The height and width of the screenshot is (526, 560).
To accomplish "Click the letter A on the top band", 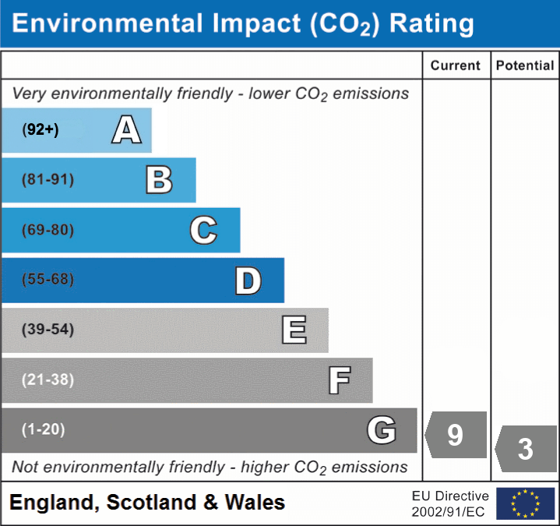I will (126, 130).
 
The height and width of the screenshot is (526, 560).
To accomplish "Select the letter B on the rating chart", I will (159, 180).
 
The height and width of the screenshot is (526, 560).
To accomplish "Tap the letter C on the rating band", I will (203, 230).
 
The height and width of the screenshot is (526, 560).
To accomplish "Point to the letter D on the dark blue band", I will (248, 281).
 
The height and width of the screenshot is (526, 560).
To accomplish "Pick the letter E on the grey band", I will (294, 330).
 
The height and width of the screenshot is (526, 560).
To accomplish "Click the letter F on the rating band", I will (339, 380).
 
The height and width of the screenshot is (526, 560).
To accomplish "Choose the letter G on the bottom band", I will (382, 430).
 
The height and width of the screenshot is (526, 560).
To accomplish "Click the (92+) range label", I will (41, 130).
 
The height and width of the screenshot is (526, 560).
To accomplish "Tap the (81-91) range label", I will (48, 180).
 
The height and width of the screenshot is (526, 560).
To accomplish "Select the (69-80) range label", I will (48, 230).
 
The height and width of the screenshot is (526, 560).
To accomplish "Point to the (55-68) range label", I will (48, 280).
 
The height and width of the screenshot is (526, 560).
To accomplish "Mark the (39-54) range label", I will (48, 330).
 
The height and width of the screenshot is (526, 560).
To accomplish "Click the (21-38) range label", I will (48, 379).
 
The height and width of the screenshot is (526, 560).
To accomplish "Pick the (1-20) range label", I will (44, 429).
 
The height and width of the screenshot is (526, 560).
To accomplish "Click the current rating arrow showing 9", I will (456, 434).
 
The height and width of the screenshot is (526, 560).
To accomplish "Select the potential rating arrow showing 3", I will (525, 449).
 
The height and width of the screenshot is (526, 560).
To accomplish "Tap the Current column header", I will (456, 66).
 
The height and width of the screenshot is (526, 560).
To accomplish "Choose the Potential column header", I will (525, 66).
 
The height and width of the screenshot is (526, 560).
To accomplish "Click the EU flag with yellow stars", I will (526, 503).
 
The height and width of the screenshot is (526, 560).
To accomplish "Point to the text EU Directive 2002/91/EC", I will (450, 503).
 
